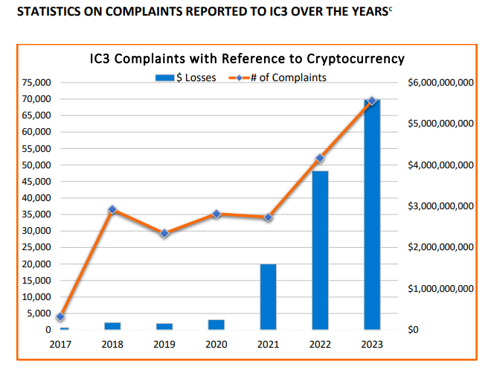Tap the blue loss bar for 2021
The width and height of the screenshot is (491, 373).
coord(268,297)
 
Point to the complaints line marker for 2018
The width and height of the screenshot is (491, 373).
coord(112,210)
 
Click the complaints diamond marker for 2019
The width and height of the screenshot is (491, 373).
coord(164,233)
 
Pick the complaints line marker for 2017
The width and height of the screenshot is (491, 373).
coord(61,317)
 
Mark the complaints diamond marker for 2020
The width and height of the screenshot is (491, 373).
coord(216,214)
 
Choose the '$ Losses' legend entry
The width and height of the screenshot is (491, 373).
coord(186,77)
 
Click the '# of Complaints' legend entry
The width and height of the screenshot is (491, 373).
coord(278,77)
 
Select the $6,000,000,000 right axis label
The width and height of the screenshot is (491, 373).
coord(441,83)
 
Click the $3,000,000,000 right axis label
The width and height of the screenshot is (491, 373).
coord(441,206)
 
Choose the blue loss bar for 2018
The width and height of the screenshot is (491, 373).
coord(112,325)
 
